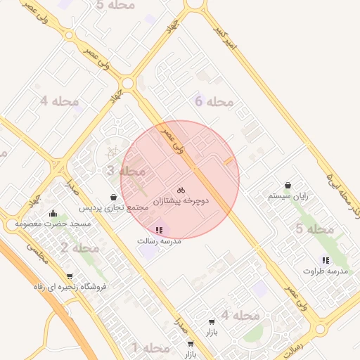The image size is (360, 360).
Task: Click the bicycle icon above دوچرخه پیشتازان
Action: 181,190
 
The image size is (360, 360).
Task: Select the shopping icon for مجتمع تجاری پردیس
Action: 114,198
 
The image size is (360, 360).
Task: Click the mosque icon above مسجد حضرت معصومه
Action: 53,213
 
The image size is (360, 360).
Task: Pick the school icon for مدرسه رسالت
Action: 157,229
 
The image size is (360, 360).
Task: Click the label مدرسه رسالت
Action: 160,240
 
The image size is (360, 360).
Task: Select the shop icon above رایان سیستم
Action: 289,186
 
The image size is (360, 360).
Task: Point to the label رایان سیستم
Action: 289,197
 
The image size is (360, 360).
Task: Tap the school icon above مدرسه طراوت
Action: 325,259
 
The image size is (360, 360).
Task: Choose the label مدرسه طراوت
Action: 326,271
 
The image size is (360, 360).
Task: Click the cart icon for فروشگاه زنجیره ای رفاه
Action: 69,276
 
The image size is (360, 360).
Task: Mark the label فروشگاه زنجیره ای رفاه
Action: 69,287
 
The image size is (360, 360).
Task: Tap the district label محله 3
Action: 126,171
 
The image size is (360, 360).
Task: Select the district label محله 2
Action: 79,247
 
